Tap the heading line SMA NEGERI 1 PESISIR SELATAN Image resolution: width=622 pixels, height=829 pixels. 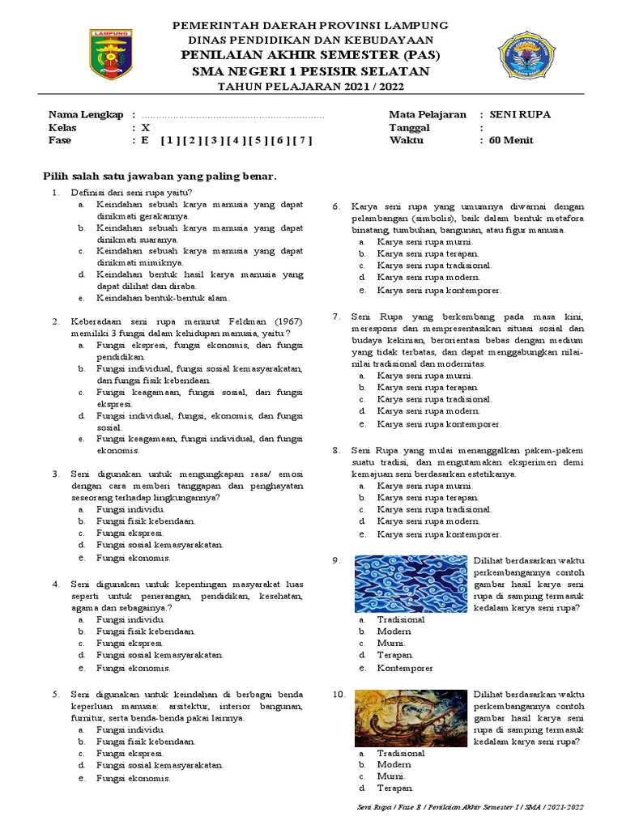pyautogui.click(x=310, y=71)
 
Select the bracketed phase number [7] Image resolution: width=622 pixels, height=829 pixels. pyautogui.click(x=303, y=140)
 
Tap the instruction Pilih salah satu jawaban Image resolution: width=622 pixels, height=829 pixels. pyautogui.click(x=160, y=176)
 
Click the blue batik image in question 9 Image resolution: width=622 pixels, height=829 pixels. pyautogui.click(x=411, y=584)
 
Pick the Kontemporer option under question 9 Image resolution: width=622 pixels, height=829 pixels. pyautogui.click(x=405, y=668)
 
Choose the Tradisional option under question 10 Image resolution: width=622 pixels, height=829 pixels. pyautogui.click(x=400, y=753)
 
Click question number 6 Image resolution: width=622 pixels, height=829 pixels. pyautogui.click(x=338, y=207)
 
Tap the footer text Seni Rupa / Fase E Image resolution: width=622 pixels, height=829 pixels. pyautogui.click(x=470, y=807)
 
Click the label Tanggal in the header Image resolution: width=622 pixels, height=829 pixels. pyautogui.click(x=409, y=127)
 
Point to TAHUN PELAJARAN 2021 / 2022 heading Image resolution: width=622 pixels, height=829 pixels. pyautogui.click(x=310, y=87)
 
